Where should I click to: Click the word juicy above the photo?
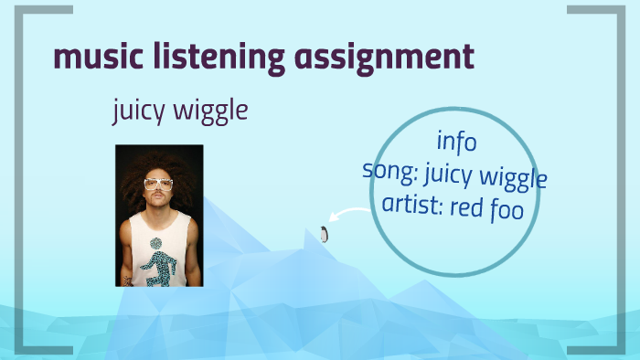point(141,112)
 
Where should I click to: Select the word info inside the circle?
point(456,142)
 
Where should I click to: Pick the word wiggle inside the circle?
point(517,177)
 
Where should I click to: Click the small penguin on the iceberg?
point(324,234)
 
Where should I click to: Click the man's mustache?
point(159,196)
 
